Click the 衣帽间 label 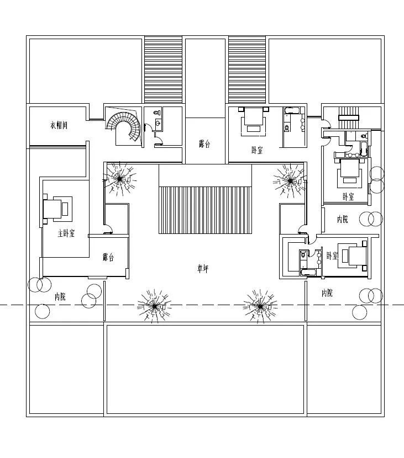pos(58,126)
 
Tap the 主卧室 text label pos(66,233)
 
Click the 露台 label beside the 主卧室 pos(108,257)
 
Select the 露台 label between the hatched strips pos(205,144)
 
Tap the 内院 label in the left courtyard pos(60,297)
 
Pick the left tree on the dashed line pos(154,305)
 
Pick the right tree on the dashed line pos(260,305)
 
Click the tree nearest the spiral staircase pos(119,178)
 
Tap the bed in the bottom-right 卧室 pos(354,255)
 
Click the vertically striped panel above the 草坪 pos(205,210)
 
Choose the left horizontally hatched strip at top pos(163,70)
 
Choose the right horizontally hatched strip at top pos(247,70)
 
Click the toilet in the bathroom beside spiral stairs pos(158,124)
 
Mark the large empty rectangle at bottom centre pos(205,369)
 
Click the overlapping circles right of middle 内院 pos(371,219)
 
